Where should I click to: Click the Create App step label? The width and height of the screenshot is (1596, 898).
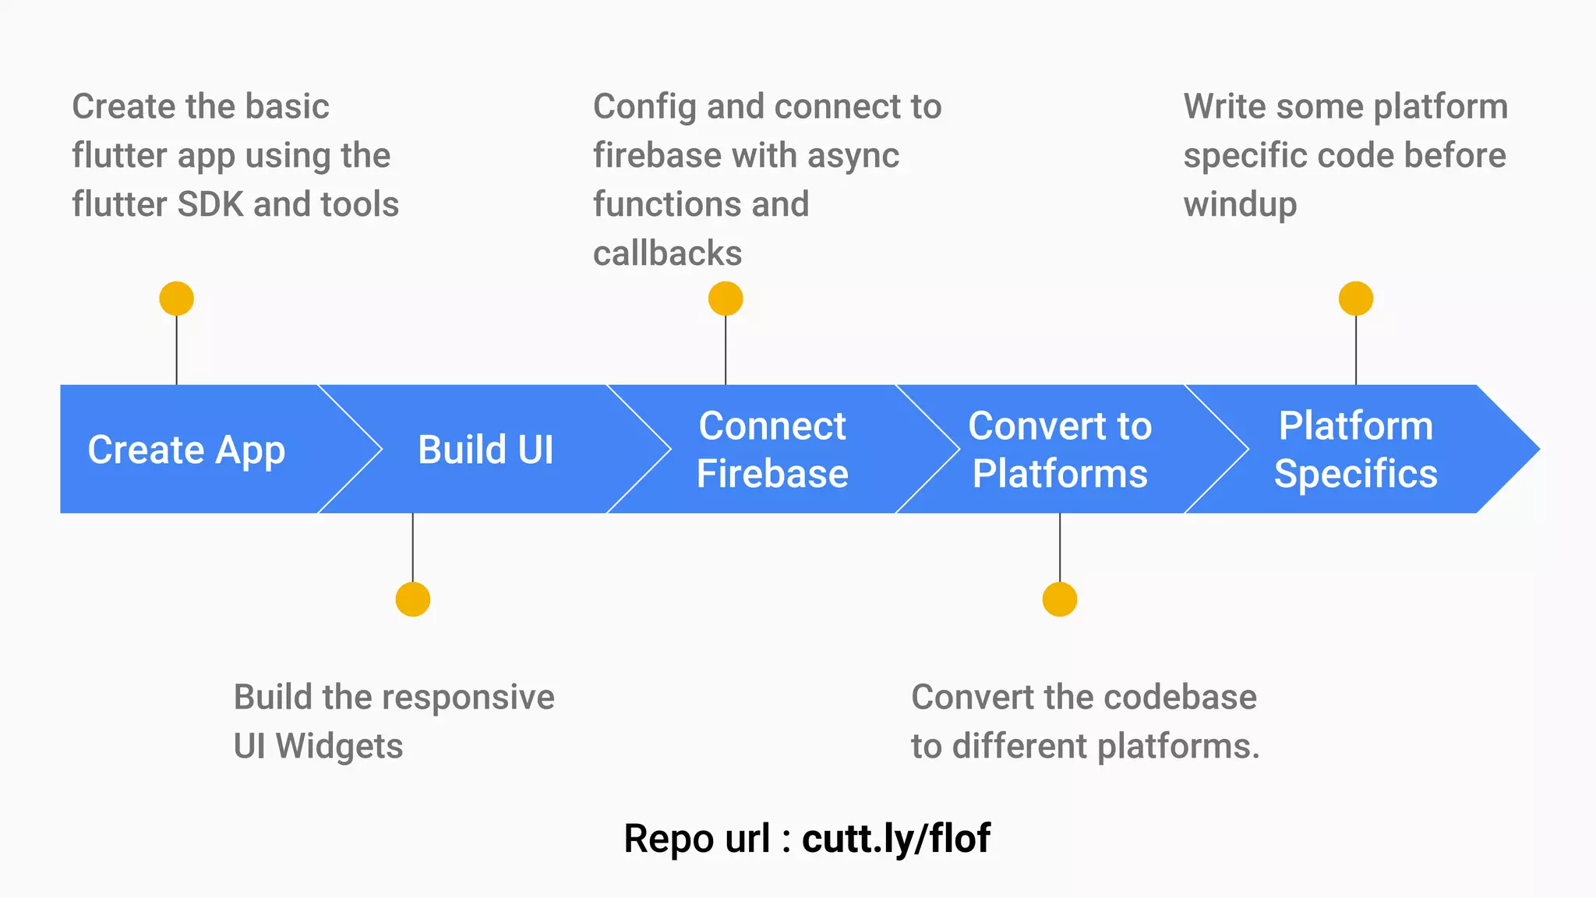pyautogui.click(x=186, y=450)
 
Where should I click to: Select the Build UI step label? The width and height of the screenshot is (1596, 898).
pyautogui.click(x=486, y=450)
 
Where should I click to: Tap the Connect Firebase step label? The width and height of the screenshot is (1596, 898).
pyautogui.click(x=772, y=450)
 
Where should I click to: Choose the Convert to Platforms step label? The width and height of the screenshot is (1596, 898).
pyautogui.click(x=1060, y=450)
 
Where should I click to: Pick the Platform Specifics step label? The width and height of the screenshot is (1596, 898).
pyautogui.click(x=1355, y=450)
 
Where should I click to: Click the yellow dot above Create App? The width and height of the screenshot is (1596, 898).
pyautogui.click(x=177, y=299)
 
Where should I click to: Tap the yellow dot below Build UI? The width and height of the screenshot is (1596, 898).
pyautogui.click(x=413, y=599)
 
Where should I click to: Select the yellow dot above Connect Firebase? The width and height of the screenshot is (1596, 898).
pyautogui.click(x=726, y=299)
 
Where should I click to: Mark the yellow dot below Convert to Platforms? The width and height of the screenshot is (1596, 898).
pyautogui.click(x=1060, y=599)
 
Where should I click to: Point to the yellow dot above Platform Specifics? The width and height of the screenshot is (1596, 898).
pyautogui.click(x=1356, y=299)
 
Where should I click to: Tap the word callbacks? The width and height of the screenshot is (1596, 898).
pyautogui.click(x=667, y=253)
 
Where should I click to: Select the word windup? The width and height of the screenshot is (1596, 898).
pyautogui.click(x=1240, y=204)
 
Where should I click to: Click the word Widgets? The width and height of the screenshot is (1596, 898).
pyautogui.click(x=339, y=746)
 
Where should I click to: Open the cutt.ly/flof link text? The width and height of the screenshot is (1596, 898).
pyautogui.click(x=896, y=839)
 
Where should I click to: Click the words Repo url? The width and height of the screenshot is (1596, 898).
pyautogui.click(x=697, y=839)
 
